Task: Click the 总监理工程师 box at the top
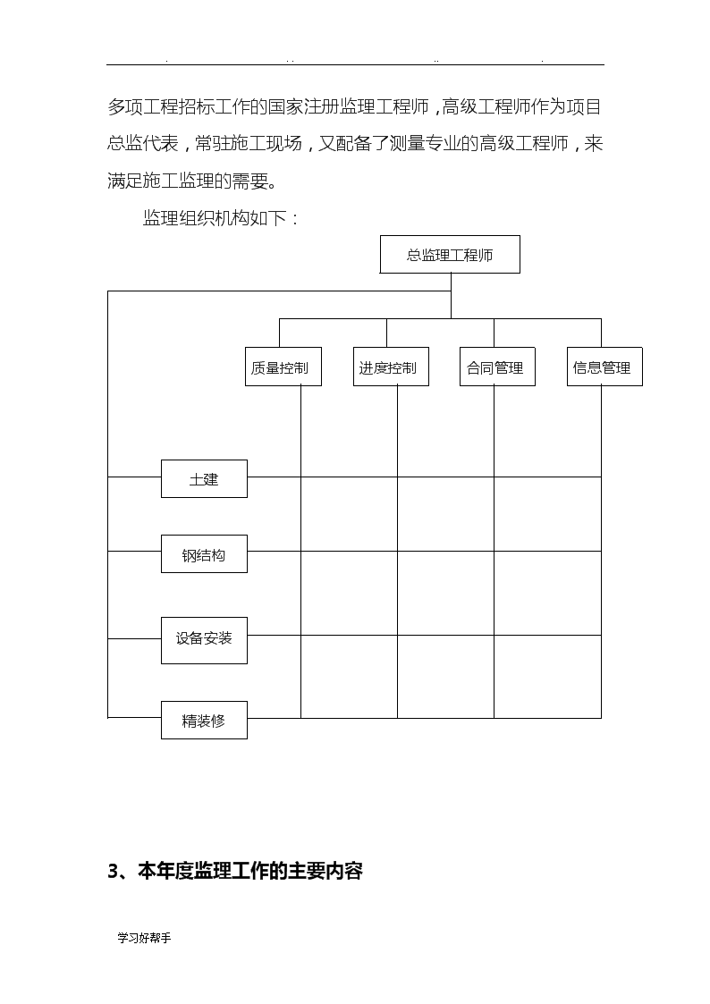450,254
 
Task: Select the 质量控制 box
283,367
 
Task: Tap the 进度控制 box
391,367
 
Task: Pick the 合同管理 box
497,367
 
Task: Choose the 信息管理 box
604,367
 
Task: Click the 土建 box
204,478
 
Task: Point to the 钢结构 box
204,554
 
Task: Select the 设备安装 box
204,640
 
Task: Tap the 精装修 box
204,721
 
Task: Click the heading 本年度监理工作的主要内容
250,871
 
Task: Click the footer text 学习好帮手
144,938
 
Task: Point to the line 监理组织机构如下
221,218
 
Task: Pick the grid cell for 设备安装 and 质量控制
349,676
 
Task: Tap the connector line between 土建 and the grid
274,477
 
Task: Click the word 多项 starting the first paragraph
125,107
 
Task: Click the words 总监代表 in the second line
143,143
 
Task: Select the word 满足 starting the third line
125,181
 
